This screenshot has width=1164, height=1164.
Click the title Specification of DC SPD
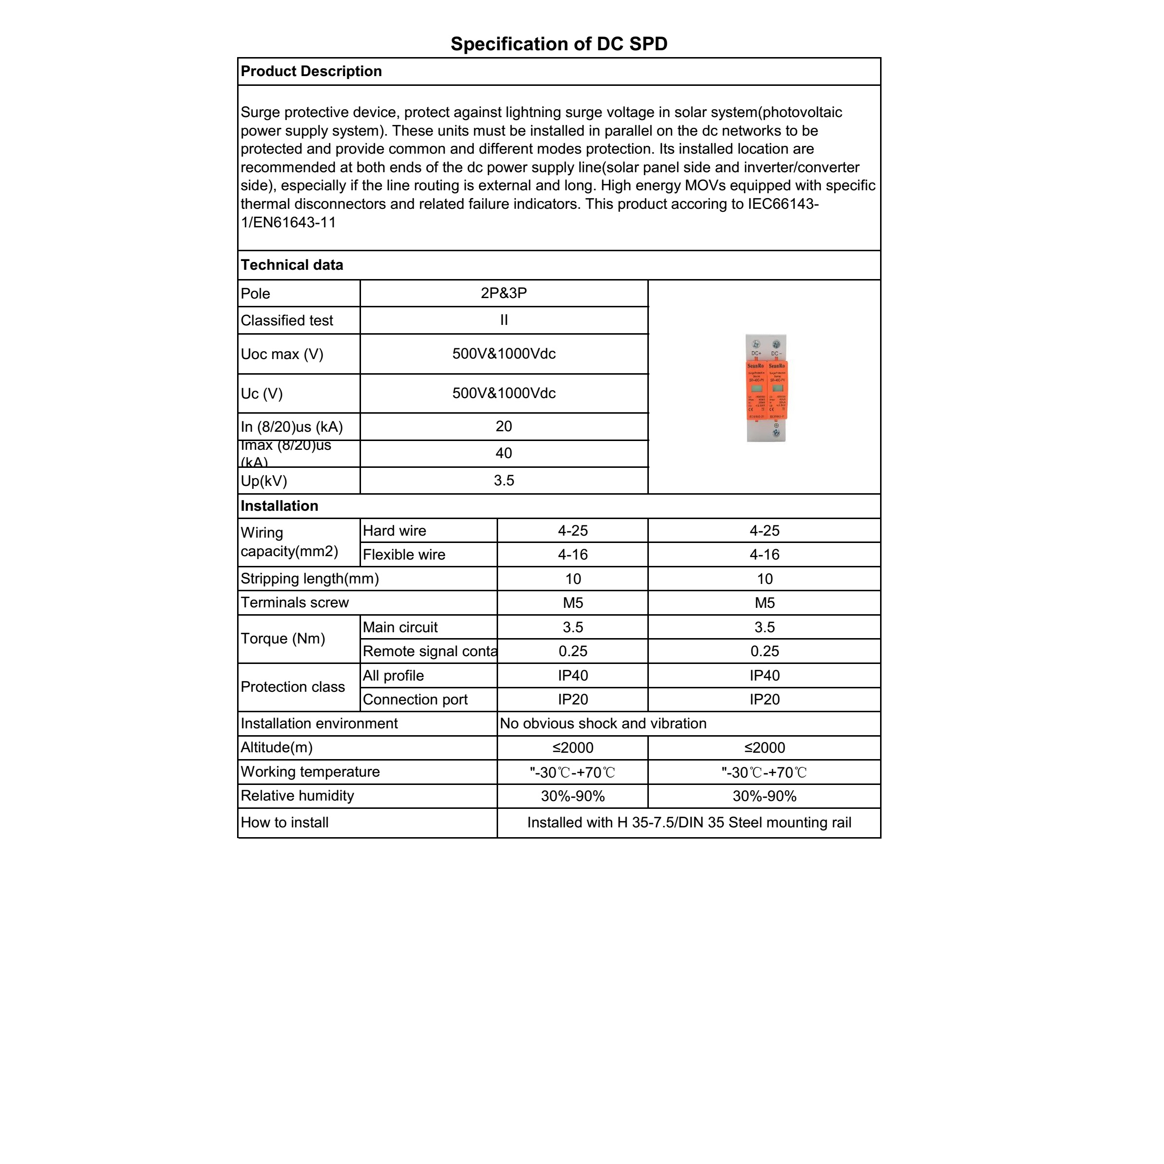pos(559,44)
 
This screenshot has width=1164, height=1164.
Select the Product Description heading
pos(311,71)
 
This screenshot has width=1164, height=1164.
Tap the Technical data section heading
pos(292,265)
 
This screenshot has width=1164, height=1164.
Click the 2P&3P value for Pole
pos(503,293)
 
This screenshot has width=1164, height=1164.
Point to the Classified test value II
pos(503,321)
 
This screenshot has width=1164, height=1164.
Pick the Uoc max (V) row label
pos(282,354)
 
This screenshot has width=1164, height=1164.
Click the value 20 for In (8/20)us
pos(503,426)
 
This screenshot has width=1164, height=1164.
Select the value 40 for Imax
pos(503,454)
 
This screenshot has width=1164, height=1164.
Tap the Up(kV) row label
pos(264,482)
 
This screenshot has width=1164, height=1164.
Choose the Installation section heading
pos(279,506)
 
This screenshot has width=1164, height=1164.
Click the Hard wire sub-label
pos(394,531)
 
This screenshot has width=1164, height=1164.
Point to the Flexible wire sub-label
pos(403,555)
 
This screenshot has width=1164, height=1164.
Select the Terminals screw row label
pos(295,603)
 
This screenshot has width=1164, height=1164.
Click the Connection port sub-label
pos(415,700)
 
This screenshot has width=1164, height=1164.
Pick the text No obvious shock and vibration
pos(603,723)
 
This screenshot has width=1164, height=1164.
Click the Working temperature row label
pos(310,772)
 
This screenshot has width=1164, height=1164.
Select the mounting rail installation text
pos(689,823)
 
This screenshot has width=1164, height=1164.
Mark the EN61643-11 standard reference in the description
pos(292,222)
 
